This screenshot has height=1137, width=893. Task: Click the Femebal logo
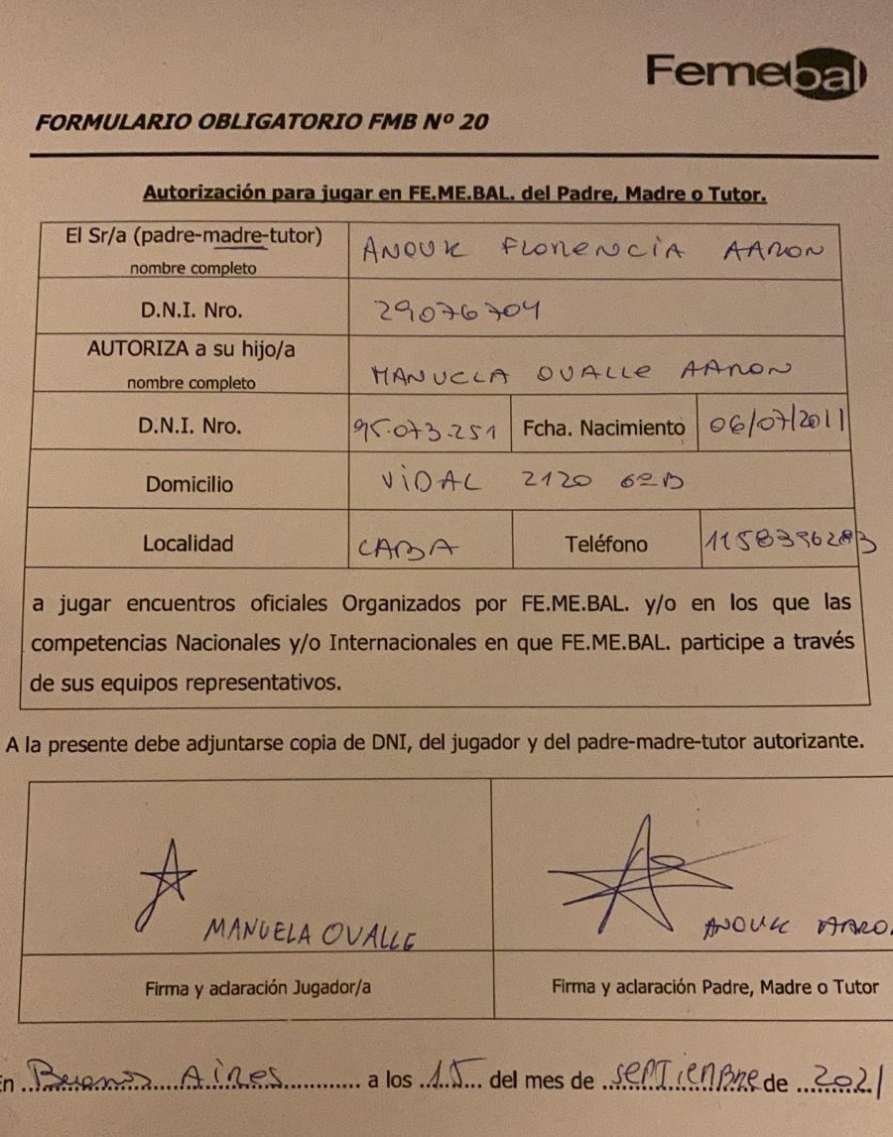[x=756, y=73]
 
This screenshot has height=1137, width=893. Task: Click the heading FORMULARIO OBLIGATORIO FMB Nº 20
[x=261, y=122]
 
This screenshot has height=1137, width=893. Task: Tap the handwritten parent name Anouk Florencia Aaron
[x=591, y=251]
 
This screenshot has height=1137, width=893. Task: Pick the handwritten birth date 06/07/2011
[x=773, y=424]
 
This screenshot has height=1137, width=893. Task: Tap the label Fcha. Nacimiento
[x=603, y=429]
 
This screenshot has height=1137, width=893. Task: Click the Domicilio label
[x=190, y=485]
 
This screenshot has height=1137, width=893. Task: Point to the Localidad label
[x=188, y=543]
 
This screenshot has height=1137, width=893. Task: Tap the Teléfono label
[x=606, y=544]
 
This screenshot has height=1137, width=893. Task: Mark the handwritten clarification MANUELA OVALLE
[x=309, y=933]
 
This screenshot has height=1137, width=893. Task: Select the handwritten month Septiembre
[x=682, y=1075]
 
